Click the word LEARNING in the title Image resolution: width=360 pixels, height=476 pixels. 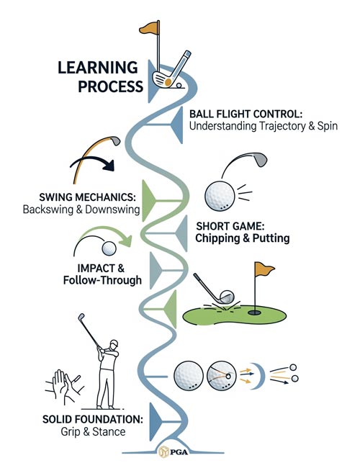(x=98, y=68)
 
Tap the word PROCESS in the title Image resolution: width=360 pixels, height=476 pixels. (x=110, y=86)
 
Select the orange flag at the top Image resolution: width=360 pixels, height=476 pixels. (x=149, y=27)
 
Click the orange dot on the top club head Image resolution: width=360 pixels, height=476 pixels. (x=168, y=81)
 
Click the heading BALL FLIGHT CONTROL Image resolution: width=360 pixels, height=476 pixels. (x=246, y=114)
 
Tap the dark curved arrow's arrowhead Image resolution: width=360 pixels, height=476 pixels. (x=109, y=166)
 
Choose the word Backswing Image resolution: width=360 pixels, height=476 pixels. (x=48, y=210)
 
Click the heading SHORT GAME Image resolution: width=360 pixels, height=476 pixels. (x=230, y=226)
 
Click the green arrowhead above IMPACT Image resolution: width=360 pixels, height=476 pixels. (x=126, y=241)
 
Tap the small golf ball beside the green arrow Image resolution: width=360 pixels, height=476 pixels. (x=109, y=248)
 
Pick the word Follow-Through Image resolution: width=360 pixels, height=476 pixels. (x=102, y=280)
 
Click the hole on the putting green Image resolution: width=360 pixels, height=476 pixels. (x=254, y=312)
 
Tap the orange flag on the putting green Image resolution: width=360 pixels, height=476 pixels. (x=264, y=269)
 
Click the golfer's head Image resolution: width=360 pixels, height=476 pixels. (x=114, y=344)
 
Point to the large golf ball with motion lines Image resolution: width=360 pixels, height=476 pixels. (x=220, y=196)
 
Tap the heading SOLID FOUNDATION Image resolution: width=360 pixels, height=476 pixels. (x=93, y=420)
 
